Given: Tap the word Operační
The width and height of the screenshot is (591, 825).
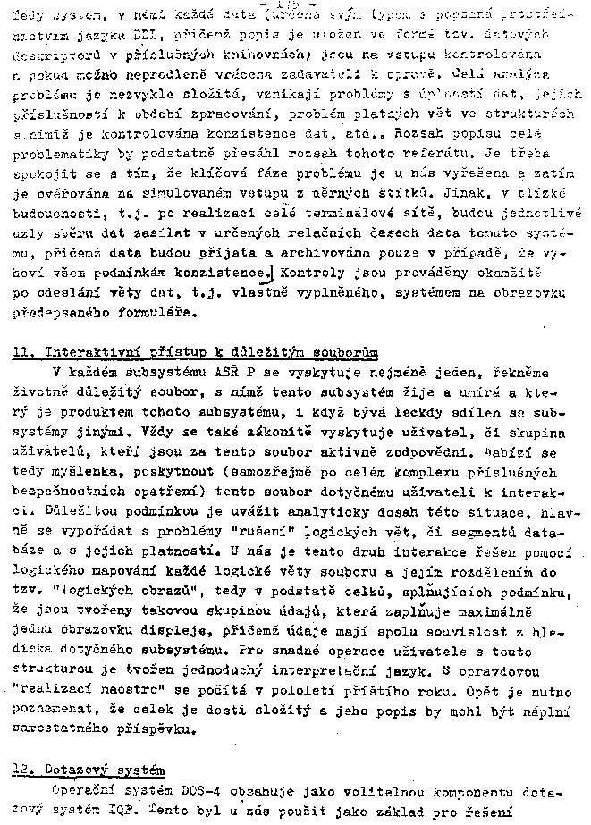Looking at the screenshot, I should (x=82, y=791).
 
